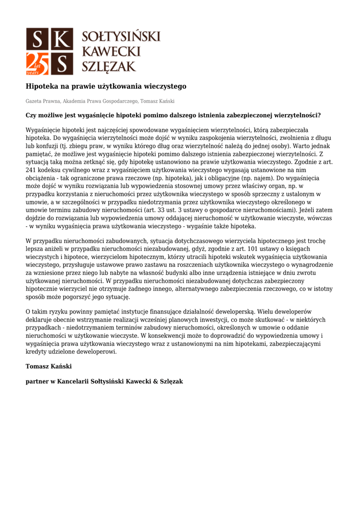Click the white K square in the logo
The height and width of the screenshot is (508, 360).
pyautogui.click(x=62, y=39)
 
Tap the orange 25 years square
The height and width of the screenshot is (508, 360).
pyautogui.click(x=38, y=63)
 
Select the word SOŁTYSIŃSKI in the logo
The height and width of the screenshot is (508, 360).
pyautogui.click(x=121, y=37)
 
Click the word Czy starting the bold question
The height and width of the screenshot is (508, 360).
pyautogui.click(x=32, y=115)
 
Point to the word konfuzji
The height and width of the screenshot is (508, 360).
pyautogui.click(x=49, y=146)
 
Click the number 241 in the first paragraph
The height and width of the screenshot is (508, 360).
pyautogui.click(x=32, y=170)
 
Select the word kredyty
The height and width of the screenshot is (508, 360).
pyautogui.click(x=37, y=351)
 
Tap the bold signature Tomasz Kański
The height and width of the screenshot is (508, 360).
pyautogui.click(x=49, y=366)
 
